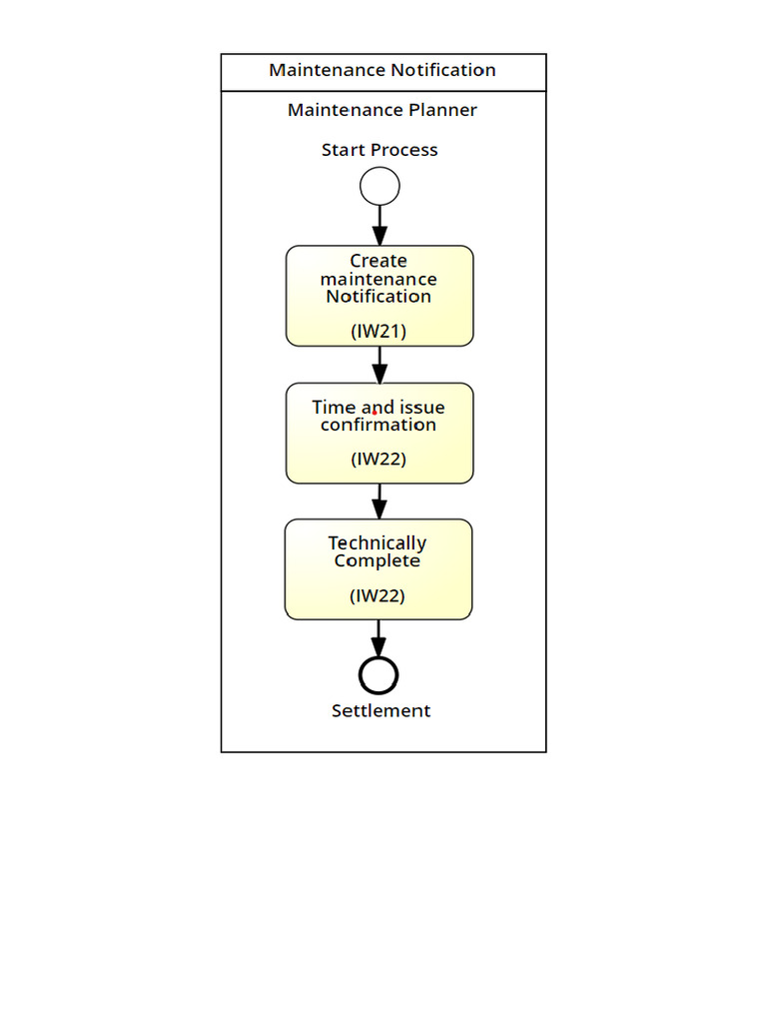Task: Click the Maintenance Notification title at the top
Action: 383,71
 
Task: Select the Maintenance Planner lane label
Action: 383,110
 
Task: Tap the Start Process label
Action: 380,150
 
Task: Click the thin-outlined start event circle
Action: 380,187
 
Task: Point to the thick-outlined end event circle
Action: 379,675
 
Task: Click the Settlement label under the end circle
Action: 381,710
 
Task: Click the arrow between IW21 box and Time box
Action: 380,365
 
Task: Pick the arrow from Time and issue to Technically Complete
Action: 380,502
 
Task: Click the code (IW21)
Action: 379,331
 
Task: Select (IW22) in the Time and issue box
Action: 379,460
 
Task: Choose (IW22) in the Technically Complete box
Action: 378,595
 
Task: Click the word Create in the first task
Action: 379,261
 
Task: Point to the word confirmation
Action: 379,425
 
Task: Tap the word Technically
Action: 378,543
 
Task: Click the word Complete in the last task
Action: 378,560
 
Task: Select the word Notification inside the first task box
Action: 379,297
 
